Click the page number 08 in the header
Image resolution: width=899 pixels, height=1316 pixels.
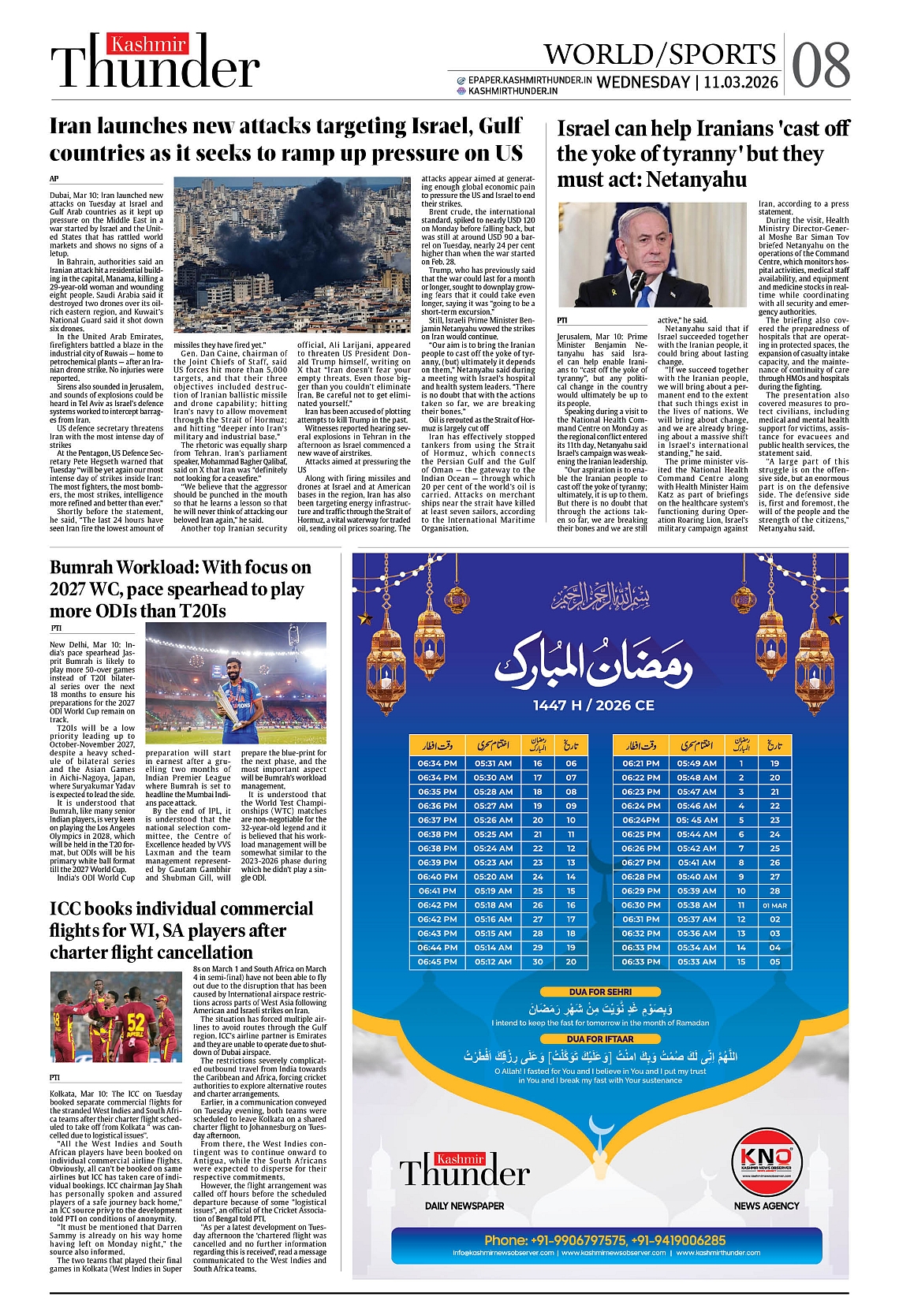point(820,65)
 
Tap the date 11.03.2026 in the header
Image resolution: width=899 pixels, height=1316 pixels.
point(740,83)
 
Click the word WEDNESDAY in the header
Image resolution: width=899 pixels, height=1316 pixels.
point(643,83)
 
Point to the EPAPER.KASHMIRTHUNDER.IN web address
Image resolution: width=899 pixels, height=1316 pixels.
point(529,80)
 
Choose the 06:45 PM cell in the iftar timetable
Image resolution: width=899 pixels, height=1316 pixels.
point(437,962)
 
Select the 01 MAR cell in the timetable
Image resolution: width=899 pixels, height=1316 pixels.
point(774,905)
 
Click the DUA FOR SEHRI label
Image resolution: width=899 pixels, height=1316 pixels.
point(600,992)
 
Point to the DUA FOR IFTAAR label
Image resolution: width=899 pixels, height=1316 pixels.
point(600,1039)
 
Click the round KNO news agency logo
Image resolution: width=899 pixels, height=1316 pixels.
point(766,1159)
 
